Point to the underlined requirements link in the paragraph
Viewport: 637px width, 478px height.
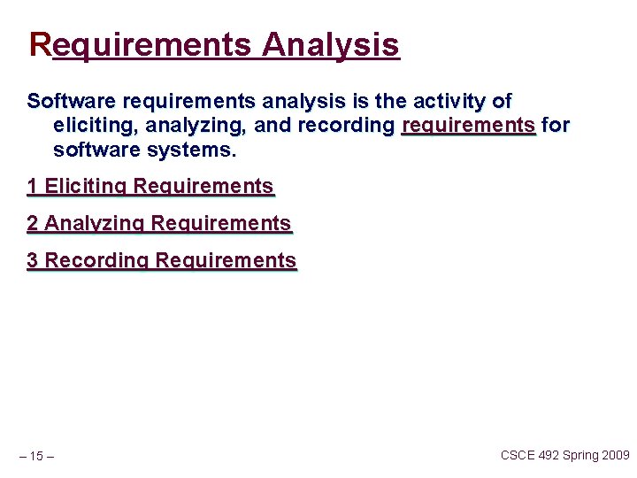468,126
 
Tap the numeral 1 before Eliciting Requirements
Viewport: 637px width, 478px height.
33,187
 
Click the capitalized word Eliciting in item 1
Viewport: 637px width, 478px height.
86,187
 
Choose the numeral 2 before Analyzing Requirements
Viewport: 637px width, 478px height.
33,224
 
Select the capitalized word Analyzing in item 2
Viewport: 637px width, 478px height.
95,224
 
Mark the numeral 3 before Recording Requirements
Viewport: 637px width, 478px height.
33,261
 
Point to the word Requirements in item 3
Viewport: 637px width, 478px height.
226,261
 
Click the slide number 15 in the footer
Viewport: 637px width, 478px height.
36,457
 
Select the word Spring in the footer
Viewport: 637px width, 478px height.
580,455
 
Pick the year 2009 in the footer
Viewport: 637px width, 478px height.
616,455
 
